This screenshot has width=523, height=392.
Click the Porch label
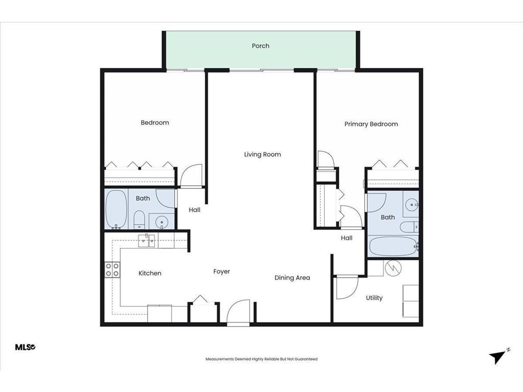[x=260, y=46]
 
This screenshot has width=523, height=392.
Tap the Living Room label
[x=262, y=155]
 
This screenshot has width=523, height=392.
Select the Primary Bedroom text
[x=371, y=124]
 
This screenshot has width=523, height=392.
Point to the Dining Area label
[x=292, y=278]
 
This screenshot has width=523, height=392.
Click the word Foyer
[x=222, y=272]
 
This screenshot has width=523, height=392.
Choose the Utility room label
[x=374, y=298]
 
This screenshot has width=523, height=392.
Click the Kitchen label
[x=150, y=274]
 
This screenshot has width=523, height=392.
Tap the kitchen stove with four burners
[x=112, y=269]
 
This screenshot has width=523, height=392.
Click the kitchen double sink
[x=149, y=239]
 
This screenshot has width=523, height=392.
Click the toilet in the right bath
[x=409, y=227]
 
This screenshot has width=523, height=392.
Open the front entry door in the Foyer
[x=238, y=312]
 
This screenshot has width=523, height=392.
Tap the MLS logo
[x=25, y=348]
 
